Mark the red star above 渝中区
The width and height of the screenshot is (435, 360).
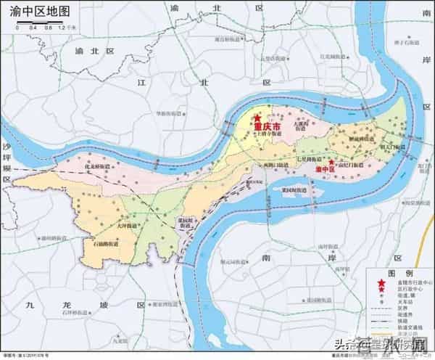point(331,162)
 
